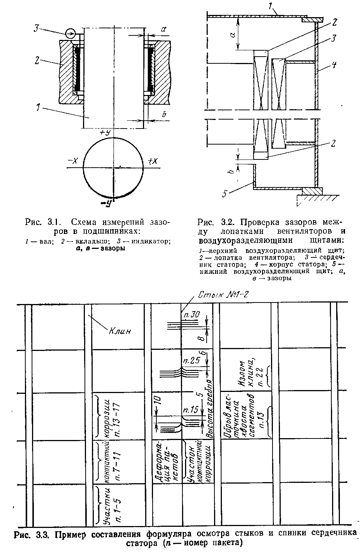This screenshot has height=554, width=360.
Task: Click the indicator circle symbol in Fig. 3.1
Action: (70, 34)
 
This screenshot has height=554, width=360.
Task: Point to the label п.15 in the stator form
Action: (190, 410)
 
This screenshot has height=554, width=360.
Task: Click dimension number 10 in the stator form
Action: (157, 401)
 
